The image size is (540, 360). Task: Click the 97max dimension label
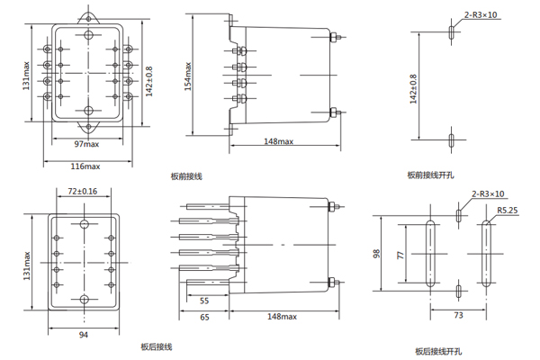87,144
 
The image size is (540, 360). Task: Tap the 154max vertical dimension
189,76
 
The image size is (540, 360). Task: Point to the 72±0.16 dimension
83,191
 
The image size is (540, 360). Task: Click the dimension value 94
83,334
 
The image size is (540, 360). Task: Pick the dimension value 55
204,300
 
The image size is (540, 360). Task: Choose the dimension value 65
204,318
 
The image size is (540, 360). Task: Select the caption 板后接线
156,346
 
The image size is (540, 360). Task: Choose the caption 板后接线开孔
434,351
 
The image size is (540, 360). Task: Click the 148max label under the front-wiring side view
279,141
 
